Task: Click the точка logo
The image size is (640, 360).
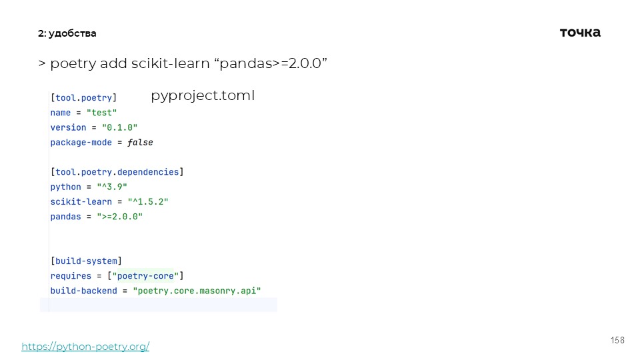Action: pos(580,32)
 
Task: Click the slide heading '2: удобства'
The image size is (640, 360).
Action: pos(67,33)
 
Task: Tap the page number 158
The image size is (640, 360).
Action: pos(617,341)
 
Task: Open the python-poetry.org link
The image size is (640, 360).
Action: pos(85,347)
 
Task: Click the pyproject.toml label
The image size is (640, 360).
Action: pos(203,95)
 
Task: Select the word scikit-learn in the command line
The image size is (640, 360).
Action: pos(169,63)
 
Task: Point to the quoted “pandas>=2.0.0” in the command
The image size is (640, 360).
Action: pos(269,63)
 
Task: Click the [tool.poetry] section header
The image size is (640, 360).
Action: pos(83,98)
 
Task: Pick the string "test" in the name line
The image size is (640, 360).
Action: pos(101,113)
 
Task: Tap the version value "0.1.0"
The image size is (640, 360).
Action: pos(119,127)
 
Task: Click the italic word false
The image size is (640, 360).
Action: pos(141,142)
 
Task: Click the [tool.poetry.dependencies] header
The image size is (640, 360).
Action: pos(117,172)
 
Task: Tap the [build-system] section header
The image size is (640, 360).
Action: pos(86,261)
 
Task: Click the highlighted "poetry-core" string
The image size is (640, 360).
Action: pos(145,275)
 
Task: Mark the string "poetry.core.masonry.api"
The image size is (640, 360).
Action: pos(197,291)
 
